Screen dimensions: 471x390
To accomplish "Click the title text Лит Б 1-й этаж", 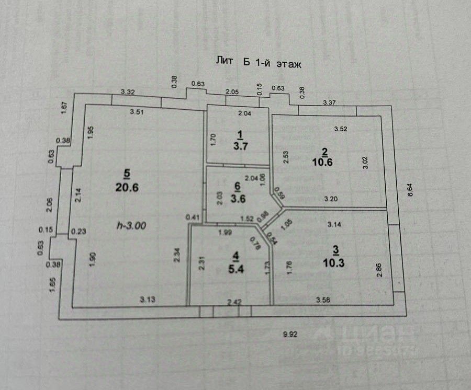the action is (x=259, y=61).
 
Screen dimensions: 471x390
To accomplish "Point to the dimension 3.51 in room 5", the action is (x=138, y=111).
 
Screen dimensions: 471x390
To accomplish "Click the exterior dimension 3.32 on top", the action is (x=129, y=92).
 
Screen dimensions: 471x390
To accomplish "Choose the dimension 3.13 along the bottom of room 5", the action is (x=148, y=300).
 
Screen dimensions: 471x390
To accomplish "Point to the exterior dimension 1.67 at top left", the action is (x=64, y=108).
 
